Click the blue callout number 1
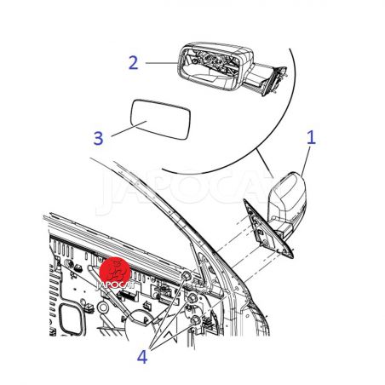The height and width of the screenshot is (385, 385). pyautogui.click(x=311, y=138)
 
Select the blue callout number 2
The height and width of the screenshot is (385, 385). pyautogui.click(x=133, y=63)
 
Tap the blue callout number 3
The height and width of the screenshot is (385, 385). pyautogui.click(x=98, y=139)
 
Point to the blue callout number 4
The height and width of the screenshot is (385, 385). pyautogui.click(x=142, y=357)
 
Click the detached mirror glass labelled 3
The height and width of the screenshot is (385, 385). pyautogui.click(x=160, y=119)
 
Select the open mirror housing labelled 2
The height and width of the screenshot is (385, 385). pyautogui.click(x=233, y=68)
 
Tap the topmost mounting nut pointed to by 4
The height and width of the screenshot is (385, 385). pyautogui.click(x=187, y=275)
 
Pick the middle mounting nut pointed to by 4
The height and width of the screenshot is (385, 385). pyautogui.click(x=192, y=297)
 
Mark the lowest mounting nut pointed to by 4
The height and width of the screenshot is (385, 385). pyautogui.click(x=196, y=319)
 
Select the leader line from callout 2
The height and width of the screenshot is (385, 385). pyautogui.click(x=162, y=63)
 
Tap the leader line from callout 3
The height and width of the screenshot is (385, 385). pyautogui.click(x=129, y=129)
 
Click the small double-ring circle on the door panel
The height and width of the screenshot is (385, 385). pyautogui.click(x=102, y=307)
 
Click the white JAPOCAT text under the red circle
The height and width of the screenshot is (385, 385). pyautogui.click(x=115, y=285)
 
